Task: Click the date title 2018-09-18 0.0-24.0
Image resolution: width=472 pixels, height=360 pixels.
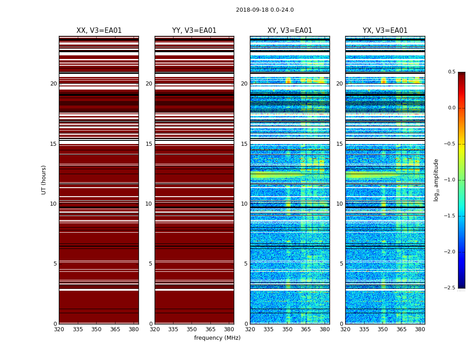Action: pyautogui.click(x=265, y=10)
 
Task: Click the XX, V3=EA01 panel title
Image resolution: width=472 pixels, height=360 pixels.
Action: pyautogui.click(x=99, y=31)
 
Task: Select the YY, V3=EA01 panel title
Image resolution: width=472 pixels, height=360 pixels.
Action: pyautogui.click(x=194, y=31)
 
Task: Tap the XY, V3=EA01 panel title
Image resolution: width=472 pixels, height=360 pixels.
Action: pyautogui.click(x=290, y=31)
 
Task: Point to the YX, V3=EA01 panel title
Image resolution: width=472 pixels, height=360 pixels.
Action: pyautogui.click(x=385, y=31)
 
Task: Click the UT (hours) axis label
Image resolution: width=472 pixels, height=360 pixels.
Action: pyautogui.click(x=44, y=180)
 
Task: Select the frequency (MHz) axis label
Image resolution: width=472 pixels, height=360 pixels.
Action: pyautogui.click(x=217, y=338)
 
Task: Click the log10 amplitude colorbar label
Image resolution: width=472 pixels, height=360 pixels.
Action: pyautogui.click(x=436, y=180)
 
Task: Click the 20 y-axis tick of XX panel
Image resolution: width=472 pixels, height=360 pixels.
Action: pyautogui.click(x=53, y=84)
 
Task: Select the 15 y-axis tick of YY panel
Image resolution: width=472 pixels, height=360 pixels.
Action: pyautogui.click(x=149, y=144)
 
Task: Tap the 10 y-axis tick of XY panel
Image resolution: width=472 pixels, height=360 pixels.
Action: pyautogui.click(x=244, y=204)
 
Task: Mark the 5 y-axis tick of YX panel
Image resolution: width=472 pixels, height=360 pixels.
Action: pyautogui.click(x=341, y=264)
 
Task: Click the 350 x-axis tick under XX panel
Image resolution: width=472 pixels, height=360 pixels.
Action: pyautogui.click(x=96, y=329)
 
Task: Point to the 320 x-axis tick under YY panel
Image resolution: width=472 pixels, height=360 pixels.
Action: pyautogui.click(x=155, y=329)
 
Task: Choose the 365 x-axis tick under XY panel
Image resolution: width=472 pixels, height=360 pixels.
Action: pyautogui.click(x=306, y=329)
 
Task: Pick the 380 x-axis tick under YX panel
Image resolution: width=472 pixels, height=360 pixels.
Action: pyautogui.click(x=420, y=329)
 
